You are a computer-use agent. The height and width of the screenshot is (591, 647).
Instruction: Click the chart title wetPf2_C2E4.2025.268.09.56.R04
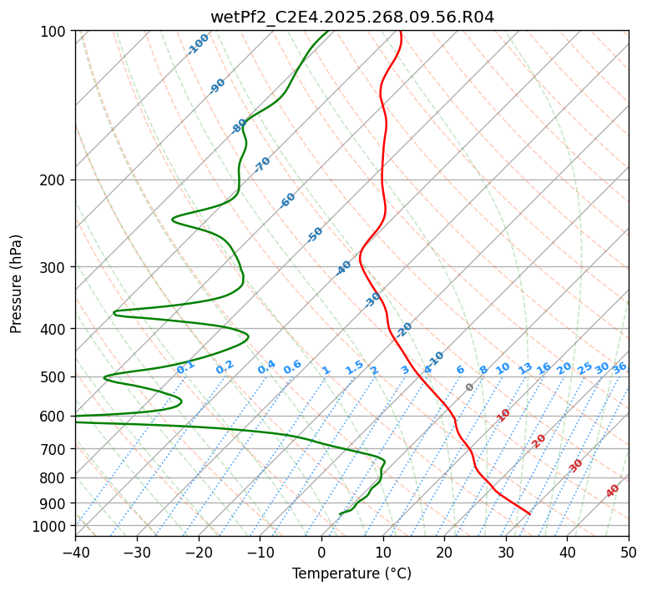(351, 18)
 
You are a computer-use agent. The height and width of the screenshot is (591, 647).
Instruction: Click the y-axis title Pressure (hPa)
(17, 283)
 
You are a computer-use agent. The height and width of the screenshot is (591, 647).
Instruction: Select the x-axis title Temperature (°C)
(351, 574)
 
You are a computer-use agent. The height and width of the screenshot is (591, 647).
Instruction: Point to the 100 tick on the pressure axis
(53, 31)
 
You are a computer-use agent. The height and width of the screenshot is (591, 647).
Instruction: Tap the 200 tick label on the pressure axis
(53, 179)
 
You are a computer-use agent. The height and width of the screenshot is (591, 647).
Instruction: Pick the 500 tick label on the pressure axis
(53, 376)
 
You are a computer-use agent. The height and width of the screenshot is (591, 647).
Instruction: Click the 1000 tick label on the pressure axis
(50, 526)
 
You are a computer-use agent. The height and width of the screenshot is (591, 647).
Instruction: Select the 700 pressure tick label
(53, 449)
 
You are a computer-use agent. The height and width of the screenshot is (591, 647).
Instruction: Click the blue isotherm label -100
(199, 44)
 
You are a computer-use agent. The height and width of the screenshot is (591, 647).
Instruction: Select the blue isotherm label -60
(288, 200)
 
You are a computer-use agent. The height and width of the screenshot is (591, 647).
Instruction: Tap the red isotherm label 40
(613, 491)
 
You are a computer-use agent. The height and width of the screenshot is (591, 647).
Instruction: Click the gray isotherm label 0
(470, 387)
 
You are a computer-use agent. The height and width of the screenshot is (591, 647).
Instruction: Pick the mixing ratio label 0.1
(185, 367)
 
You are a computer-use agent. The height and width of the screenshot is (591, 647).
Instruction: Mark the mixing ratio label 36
(619, 367)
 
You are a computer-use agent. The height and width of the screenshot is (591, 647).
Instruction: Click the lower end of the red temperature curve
(530, 513)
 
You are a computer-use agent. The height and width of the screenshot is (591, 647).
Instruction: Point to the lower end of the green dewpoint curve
(341, 513)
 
